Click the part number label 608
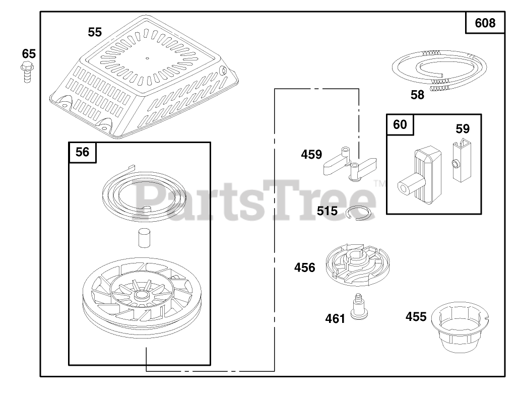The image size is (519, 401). pos(485,23)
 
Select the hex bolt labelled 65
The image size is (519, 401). pos(27,73)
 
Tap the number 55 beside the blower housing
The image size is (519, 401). pos(95,32)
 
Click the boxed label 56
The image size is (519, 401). pos(83,152)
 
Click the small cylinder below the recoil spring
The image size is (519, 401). pos(144,237)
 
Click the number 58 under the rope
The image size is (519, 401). pos(417,95)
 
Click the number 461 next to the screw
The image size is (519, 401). pos(335,318)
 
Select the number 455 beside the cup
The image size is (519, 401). pos(416,316)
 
